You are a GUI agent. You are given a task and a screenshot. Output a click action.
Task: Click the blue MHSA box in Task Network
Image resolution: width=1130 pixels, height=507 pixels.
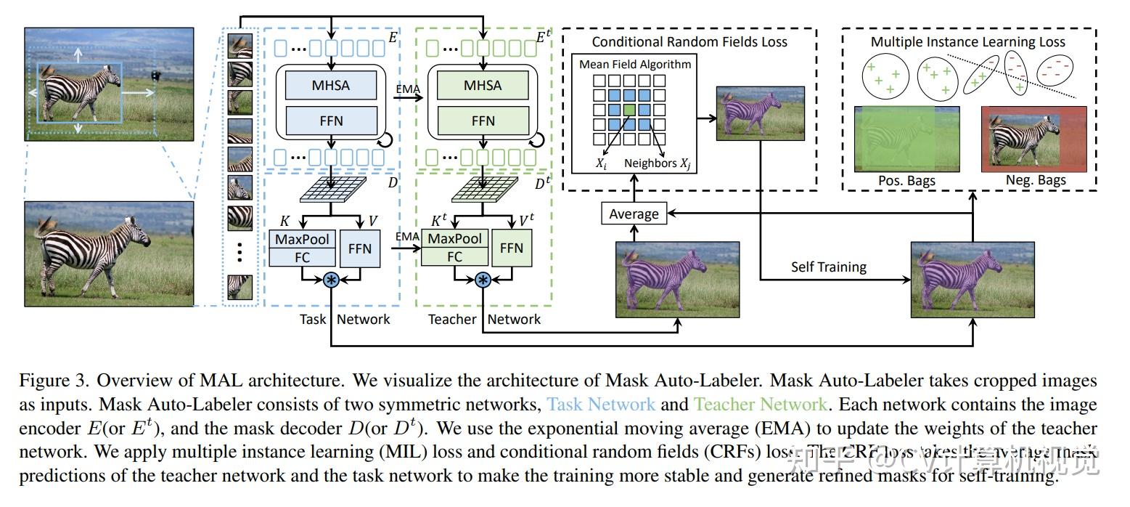[x=331, y=86]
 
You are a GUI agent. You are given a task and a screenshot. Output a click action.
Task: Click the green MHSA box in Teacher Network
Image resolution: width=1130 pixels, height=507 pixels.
[x=483, y=86]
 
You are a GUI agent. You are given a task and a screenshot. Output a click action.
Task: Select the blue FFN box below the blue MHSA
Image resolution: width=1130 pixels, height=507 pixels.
[x=331, y=121]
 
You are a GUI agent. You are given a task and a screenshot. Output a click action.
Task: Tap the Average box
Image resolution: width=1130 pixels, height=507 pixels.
[x=634, y=214]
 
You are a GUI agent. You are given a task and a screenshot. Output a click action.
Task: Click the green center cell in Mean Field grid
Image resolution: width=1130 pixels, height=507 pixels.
[x=629, y=110]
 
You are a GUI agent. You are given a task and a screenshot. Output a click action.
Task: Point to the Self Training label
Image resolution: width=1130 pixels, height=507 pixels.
[x=828, y=267]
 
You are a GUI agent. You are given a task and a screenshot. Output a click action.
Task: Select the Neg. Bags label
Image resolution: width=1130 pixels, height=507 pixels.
[x=1034, y=180]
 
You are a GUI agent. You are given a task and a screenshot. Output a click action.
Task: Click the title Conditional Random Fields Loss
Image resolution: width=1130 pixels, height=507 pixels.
[x=689, y=42]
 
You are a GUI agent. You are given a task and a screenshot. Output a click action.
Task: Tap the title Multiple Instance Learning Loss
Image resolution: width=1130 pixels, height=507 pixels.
[x=967, y=42]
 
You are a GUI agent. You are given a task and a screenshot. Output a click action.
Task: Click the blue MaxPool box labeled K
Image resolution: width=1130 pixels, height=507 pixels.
[x=302, y=239]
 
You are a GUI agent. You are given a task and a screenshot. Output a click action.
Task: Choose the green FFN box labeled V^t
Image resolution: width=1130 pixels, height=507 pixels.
[x=512, y=248]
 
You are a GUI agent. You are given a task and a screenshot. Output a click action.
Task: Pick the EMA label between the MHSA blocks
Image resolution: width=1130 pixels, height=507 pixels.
[x=407, y=89]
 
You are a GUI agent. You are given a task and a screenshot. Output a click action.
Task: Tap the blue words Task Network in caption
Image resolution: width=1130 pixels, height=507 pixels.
[x=600, y=404]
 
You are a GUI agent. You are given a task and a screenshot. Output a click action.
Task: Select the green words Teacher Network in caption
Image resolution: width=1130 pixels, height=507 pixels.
[x=759, y=404]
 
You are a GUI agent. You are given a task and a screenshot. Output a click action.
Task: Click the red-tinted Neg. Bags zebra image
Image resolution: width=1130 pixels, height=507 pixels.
[x=1033, y=139]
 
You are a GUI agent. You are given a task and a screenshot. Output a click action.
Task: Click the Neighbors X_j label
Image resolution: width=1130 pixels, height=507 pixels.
[x=657, y=163]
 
